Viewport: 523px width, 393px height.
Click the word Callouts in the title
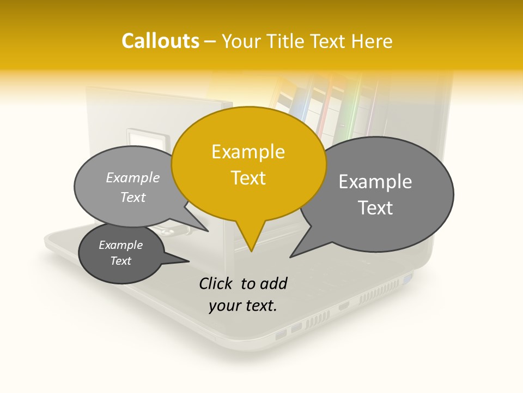[x=160, y=41]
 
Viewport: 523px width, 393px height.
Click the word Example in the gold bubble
[x=248, y=152]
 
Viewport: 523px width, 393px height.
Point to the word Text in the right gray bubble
[x=375, y=208]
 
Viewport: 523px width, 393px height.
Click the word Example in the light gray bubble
[x=133, y=178]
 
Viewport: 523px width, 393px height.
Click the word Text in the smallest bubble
[x=121, y=261]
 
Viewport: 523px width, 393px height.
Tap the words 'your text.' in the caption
[x=243, y=306]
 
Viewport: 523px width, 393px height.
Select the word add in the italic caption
[x=272, y=283]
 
